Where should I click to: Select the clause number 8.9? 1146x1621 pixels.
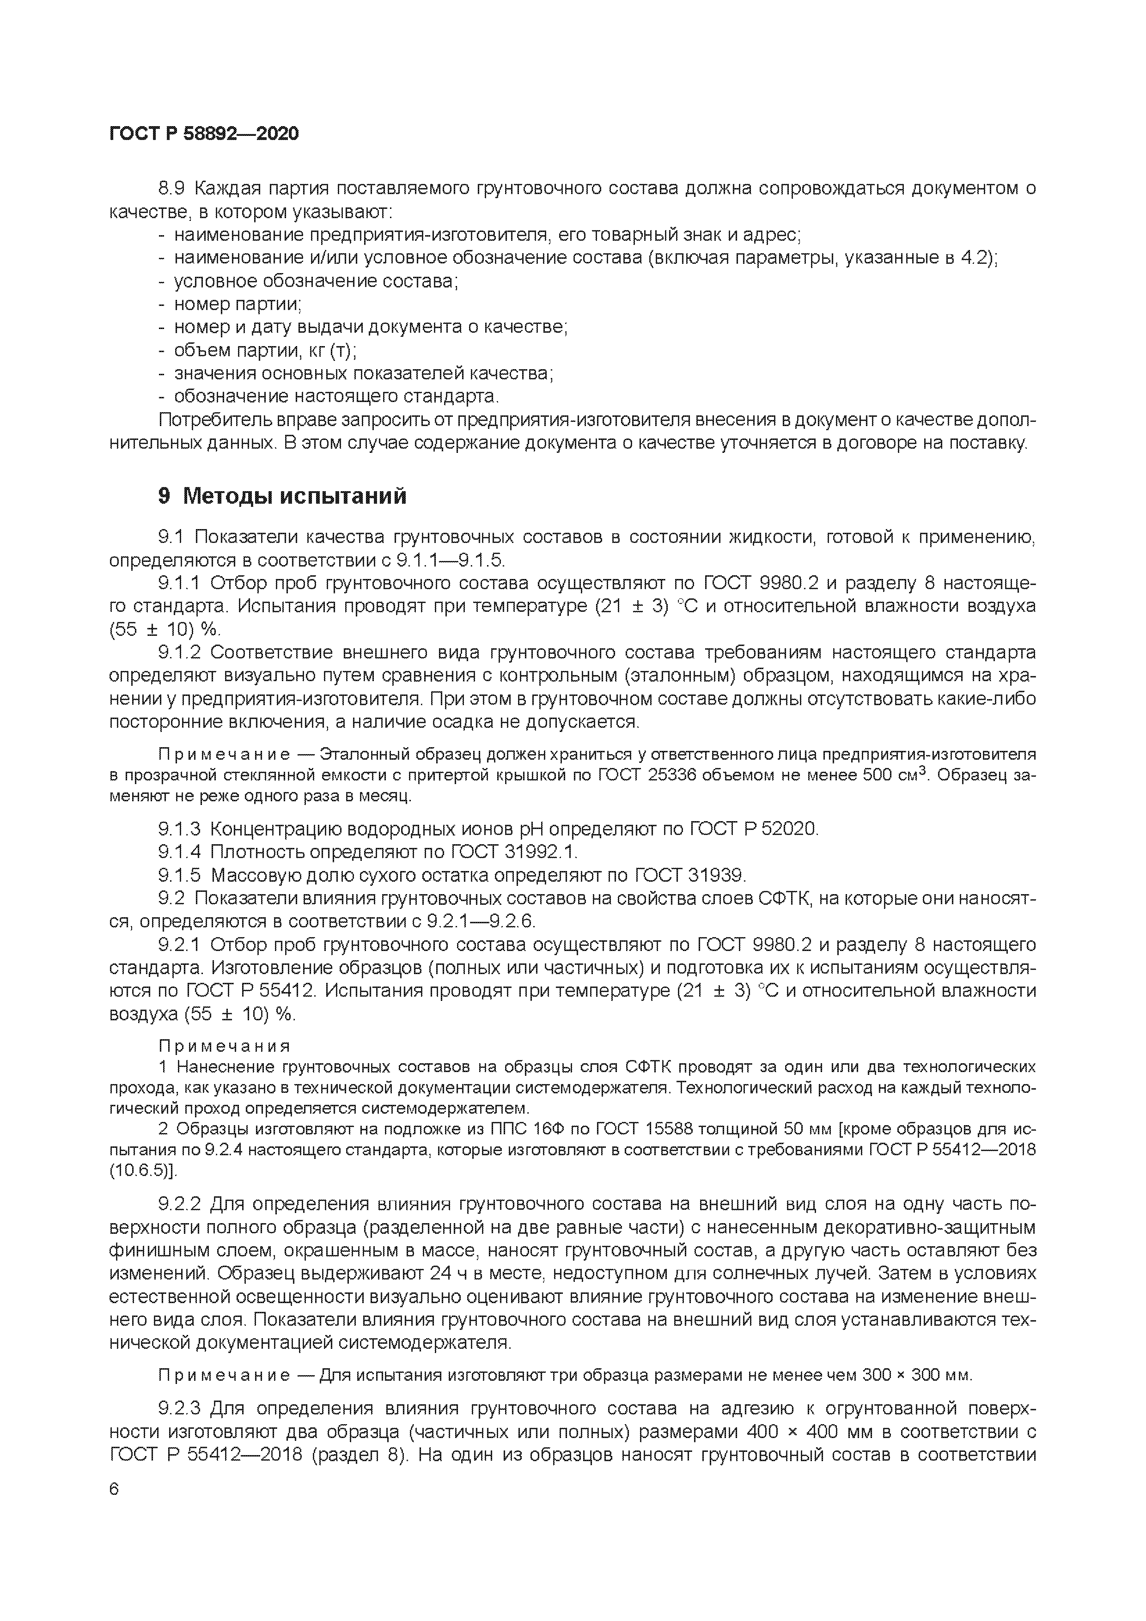(172, 189)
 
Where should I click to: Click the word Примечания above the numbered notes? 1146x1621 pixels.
(224, 1046)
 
